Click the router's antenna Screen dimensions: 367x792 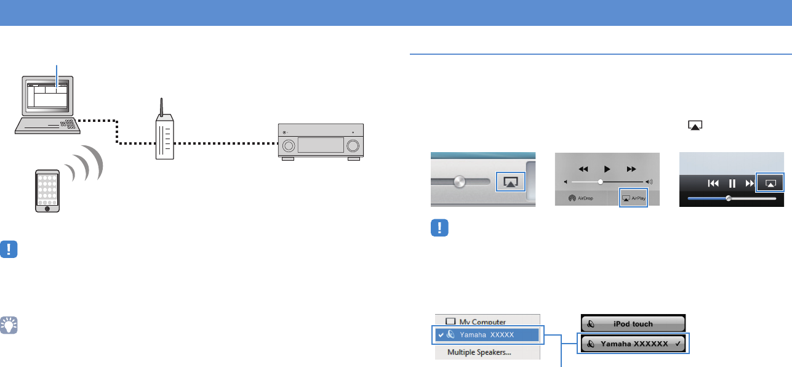click(x=161, y=108)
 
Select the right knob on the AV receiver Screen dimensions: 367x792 click(x=353, y=146)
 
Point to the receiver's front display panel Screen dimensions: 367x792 click(x=320, y=145)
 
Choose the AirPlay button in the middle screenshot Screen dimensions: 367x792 click(x=633, y=198)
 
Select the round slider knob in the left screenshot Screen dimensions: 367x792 click(x=458, y=182)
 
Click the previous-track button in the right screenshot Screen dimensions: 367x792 click(x=713, y=183)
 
